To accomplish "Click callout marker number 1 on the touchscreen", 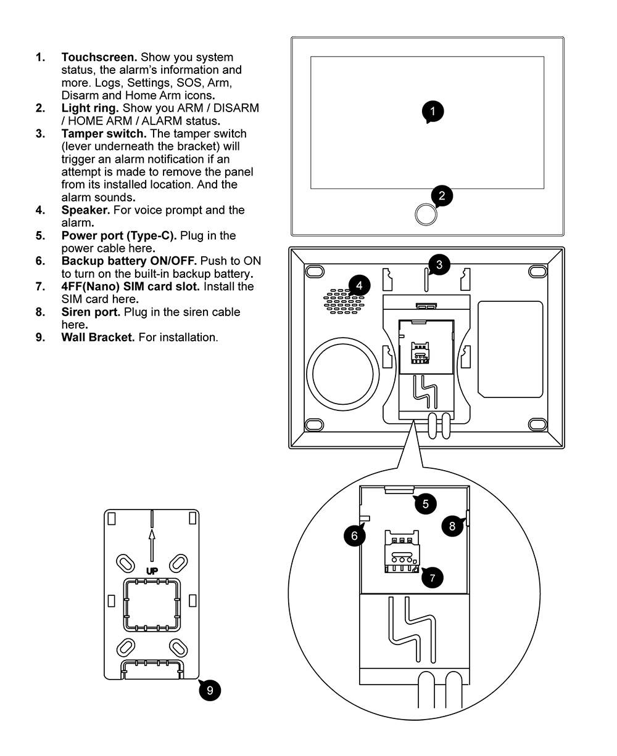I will click(433, 112).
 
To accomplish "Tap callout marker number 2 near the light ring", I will click(442, 196).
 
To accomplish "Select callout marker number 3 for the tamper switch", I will click(439, 265).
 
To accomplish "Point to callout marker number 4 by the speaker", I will click(359, 285).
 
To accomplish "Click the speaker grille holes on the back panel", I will click(342, 301).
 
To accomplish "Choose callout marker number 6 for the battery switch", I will click(354, 535).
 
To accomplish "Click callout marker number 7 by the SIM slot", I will click(432, 577).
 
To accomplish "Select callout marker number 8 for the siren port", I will click(452, 526).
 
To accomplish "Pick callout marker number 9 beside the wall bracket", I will click(210, 690).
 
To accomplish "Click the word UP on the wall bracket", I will click(152, 571).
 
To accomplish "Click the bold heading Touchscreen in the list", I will click(99, 57).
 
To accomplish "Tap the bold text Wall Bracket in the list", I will click(97, 338).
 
